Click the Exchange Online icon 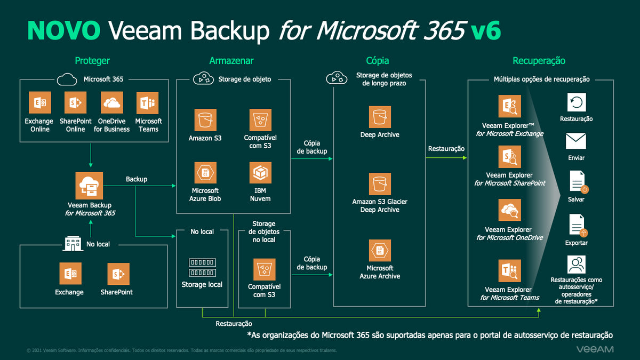[39, 102]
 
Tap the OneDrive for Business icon [111, 102]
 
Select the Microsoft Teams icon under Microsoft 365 [148, 102]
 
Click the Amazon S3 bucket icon [205, 120]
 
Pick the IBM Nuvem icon [260, 173]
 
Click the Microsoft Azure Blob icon [205, 173]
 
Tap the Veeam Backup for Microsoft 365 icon [89, 186]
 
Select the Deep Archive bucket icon [380, 117]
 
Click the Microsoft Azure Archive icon [380, 251]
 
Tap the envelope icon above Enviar [576, 141]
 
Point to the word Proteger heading [92, 61]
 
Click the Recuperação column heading [539, 61]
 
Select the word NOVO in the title [63, 31]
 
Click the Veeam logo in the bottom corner [595, 349]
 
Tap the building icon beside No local [73, 244]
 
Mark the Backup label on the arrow [137, 179]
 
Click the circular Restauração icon [577, 102]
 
